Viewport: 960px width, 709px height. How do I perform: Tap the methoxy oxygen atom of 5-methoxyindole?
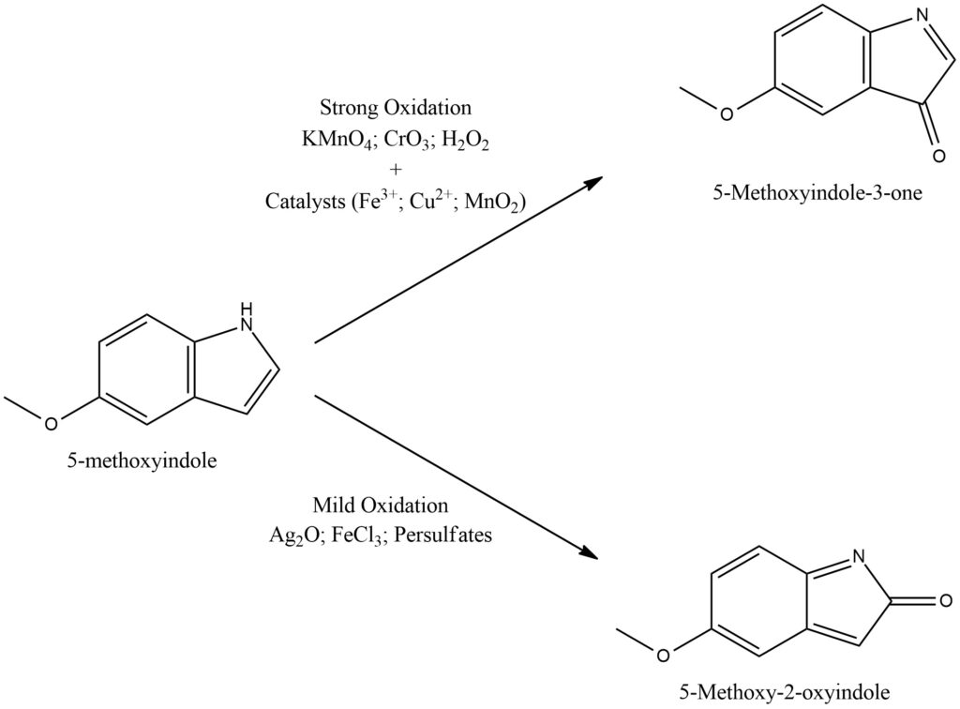pyautogui.click(x=52, y=422)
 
